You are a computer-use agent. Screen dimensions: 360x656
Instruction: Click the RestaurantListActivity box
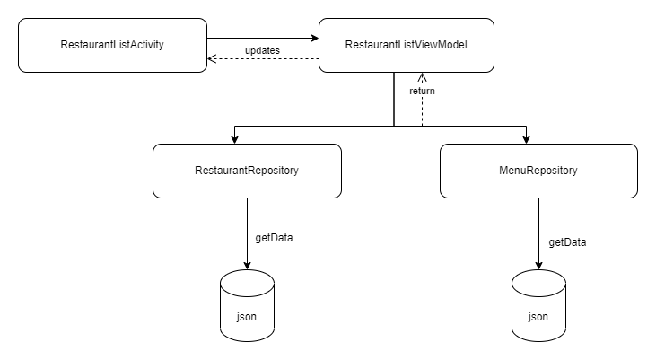pos(112,45)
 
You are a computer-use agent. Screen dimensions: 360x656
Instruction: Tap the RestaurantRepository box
pos(247,170)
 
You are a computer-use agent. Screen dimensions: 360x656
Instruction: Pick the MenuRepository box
pos(538,170)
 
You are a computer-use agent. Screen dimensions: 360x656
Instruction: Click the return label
pos(423,91)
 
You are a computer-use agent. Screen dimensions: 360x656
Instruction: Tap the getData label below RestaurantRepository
pos(267,238)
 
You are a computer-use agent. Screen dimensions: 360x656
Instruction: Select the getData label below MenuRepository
pos(566,241)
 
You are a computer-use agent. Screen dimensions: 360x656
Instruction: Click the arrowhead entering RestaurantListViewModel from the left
pos(314,38)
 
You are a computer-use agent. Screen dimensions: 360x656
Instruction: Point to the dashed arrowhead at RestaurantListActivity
pos(213,59)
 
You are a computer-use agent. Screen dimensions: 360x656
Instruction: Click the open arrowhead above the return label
pos(422,77)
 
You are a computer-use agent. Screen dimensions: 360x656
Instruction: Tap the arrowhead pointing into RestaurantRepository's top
pos(234,137)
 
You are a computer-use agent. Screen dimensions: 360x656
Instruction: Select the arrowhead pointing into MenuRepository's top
pos(526,137)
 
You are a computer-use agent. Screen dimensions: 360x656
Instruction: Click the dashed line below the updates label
pos(265,59)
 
